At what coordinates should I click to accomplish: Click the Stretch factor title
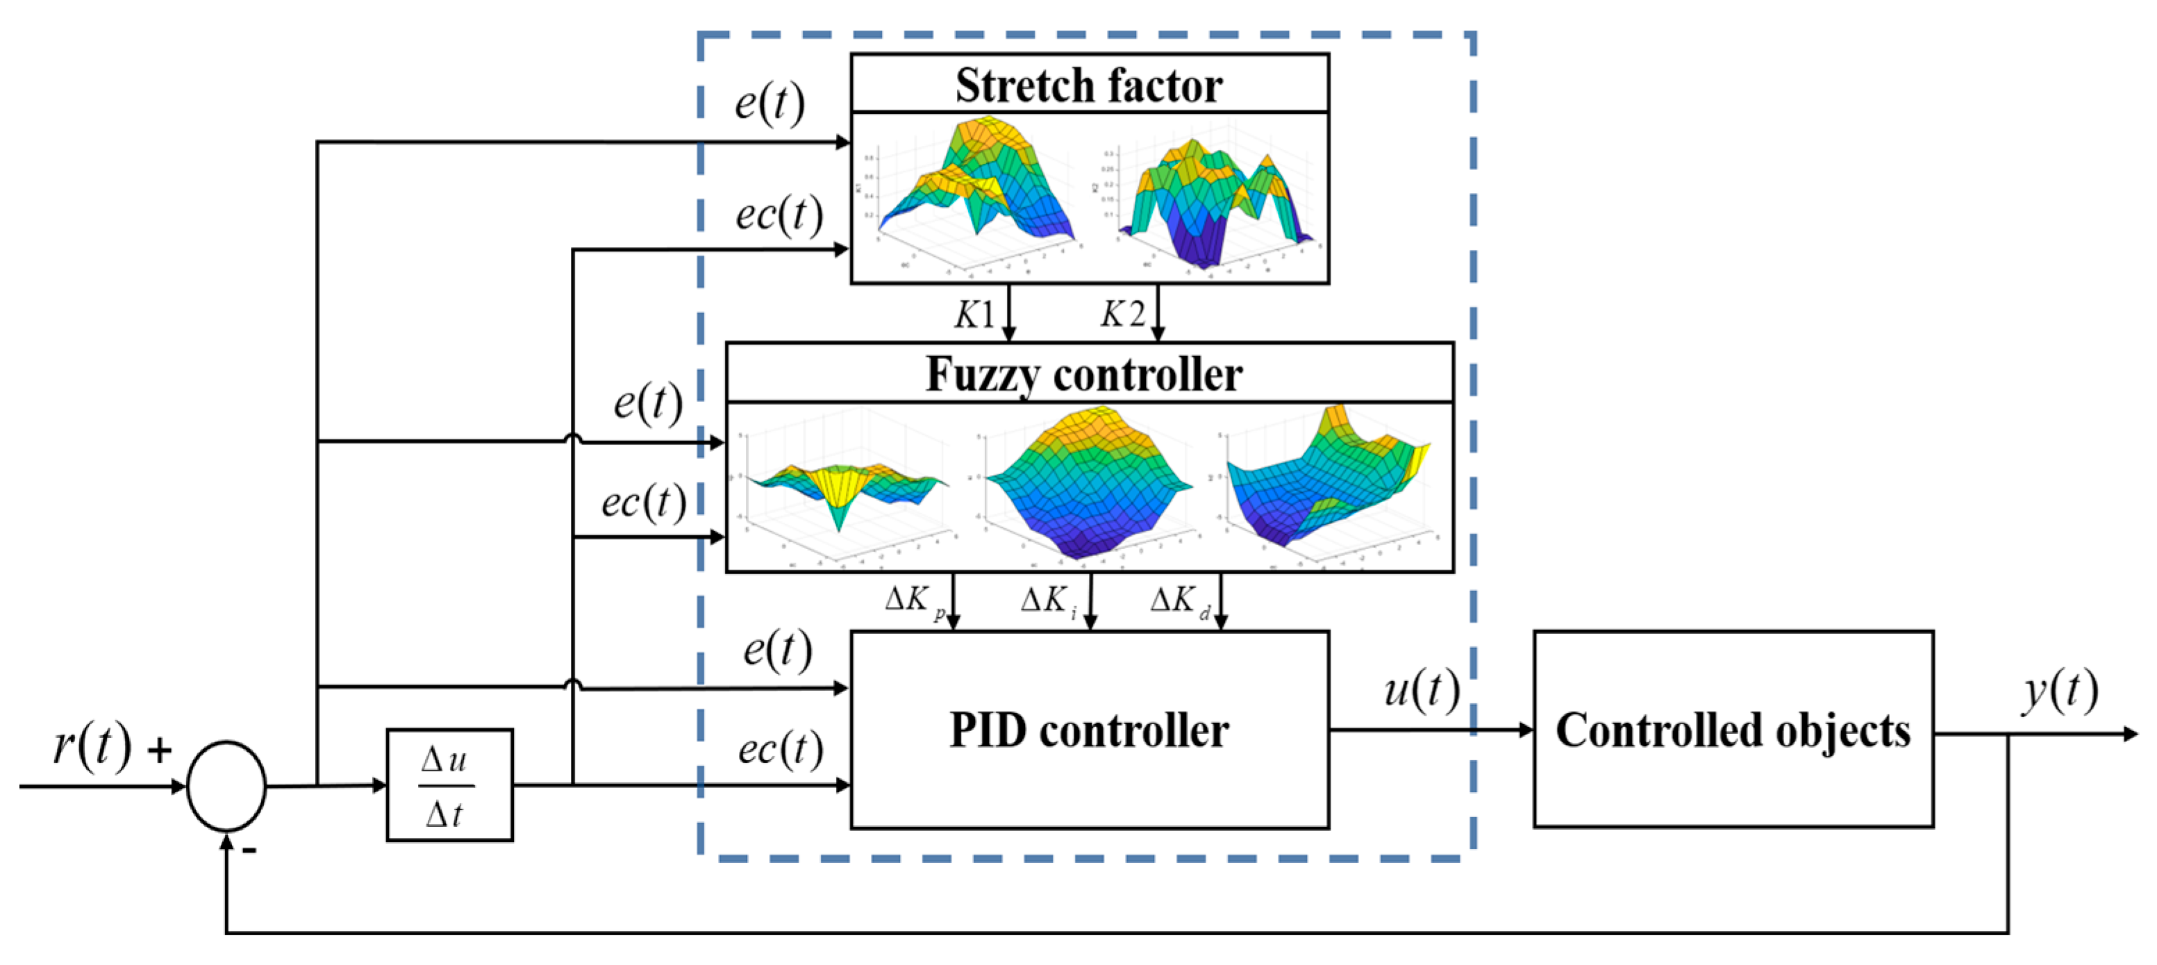1088,85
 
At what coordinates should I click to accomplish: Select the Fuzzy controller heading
1083,374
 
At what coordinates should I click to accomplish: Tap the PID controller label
1088,730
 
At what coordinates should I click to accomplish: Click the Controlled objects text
1733,730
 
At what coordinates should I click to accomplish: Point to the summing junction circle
226,786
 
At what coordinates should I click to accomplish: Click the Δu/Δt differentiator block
449,786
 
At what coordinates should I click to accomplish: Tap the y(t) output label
2060,691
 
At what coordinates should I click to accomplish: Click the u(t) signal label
1422,691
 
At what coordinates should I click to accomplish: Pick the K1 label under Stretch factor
974,314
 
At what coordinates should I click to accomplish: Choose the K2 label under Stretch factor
1122,314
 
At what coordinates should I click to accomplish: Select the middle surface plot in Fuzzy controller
1088,485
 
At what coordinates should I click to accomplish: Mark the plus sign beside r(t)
159,750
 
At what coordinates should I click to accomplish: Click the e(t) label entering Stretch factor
769,103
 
